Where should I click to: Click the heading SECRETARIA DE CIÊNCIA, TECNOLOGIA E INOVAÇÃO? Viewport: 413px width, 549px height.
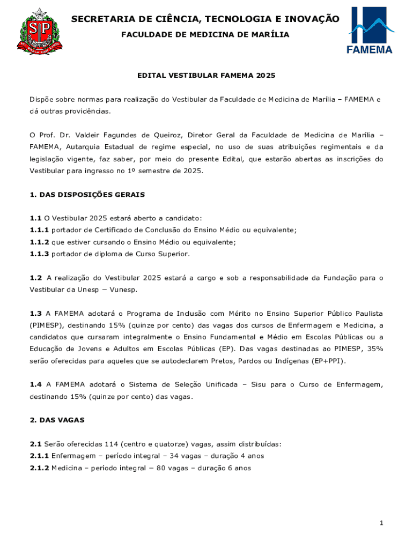[x=205, y=19]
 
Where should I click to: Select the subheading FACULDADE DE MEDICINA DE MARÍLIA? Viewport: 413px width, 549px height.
[x=205, y=35]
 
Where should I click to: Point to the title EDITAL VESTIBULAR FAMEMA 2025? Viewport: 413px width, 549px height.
[x=206, y=76]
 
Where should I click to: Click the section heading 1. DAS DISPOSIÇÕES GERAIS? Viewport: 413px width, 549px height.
[x=87, y=195]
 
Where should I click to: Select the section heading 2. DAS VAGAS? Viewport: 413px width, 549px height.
[x=57, y=420]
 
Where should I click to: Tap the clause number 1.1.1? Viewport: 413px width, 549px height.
[x=39, y=229]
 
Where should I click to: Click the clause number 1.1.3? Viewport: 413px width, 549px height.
[x=39, y=254]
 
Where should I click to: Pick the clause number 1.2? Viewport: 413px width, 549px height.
[x=35, y=278]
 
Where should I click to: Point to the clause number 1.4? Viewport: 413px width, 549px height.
[x=35, y=384]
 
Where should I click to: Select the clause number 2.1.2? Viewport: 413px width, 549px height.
[x=39, y=468]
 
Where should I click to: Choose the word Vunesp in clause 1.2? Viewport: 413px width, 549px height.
[x=124, y=290]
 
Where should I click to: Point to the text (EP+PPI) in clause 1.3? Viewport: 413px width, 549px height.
[x=328, y=361]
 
